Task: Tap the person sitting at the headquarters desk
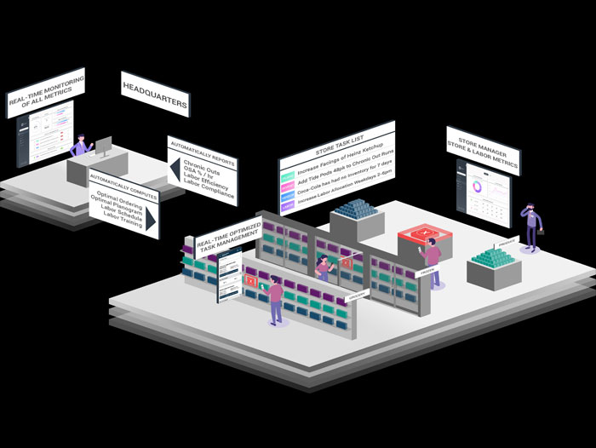(x=80, y=146)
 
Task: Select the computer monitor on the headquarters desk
(x=103, y=146)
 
